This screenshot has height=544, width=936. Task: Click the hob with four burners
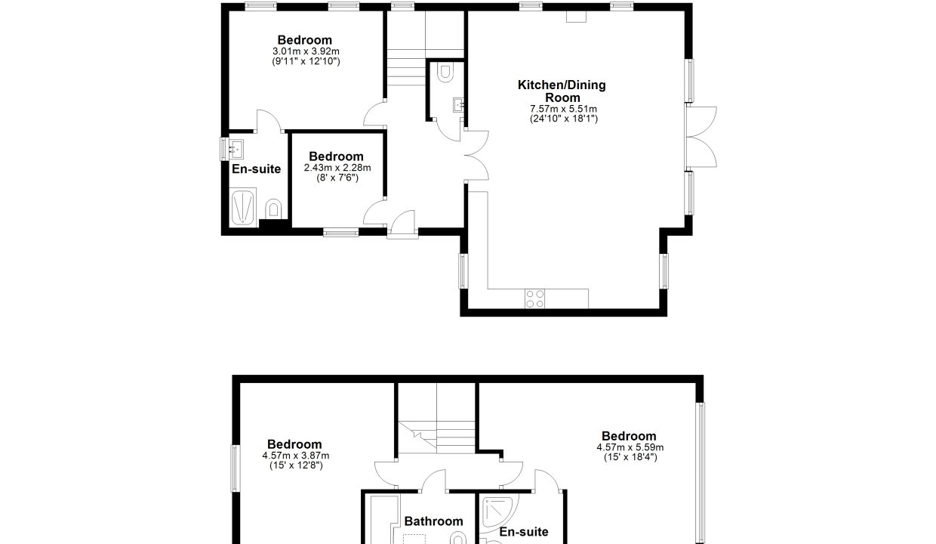click(535, 298)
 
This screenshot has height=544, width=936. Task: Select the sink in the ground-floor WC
click(458, 105)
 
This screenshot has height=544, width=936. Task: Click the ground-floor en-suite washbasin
click(236, 149)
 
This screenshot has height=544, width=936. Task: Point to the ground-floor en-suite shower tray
click(243, 207)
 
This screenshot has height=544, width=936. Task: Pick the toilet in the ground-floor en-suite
click(274, 209)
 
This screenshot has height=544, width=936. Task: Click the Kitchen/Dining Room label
click(562, 91)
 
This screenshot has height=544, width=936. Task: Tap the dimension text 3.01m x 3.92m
click(306, 51)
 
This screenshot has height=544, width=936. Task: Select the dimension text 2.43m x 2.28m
click(337, 168)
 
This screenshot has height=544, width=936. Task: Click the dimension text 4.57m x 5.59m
click(630, 447)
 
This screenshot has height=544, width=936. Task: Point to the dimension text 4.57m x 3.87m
click(296, 456)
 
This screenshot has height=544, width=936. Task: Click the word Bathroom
click(434, 521)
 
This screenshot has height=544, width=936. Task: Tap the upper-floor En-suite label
click(524, 531)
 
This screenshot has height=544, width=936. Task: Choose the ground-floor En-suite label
click(256, 169)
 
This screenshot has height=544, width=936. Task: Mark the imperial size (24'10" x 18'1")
click(564, 119)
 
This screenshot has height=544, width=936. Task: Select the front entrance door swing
click(402, 224)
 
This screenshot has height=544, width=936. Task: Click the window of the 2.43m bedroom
click(341, 232)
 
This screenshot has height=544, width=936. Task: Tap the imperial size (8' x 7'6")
click(337, 178)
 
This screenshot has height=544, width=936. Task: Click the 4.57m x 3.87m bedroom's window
click(236, 468)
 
